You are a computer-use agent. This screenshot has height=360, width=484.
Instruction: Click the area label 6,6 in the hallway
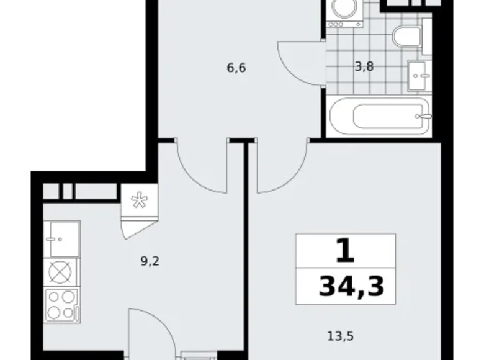coord(236,68)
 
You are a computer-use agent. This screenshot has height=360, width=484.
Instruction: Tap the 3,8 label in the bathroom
coord(364,66)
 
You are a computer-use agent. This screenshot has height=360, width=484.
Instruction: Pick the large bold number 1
coord(346,252)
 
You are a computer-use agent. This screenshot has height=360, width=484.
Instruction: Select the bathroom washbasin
coord(419,75)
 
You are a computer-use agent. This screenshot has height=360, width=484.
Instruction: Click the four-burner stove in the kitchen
coord(62,305)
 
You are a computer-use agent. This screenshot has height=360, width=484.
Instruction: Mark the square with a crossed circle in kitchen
coord(62,272)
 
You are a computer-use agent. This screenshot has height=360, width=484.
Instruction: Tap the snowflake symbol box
coord(138,199)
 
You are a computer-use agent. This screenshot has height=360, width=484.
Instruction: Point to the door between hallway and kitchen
coord(200,168)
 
